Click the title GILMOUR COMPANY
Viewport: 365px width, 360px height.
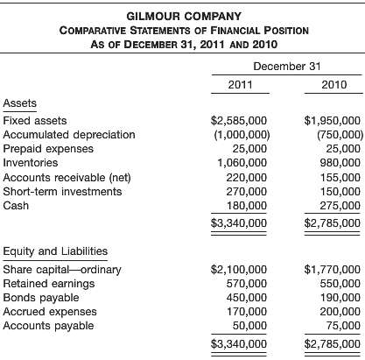(x=182, y=16)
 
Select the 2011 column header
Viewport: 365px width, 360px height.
(x=240, y=85)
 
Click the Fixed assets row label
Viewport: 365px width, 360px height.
(x=35, y=120)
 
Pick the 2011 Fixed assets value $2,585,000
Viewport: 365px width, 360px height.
(x=240, y=120)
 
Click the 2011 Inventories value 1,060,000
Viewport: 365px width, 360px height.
(x=244, y=162)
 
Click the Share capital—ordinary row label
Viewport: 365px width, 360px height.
(x=55, y=269)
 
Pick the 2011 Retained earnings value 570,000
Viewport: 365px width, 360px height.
(x=248, y=283)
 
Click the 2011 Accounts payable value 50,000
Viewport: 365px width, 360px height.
(x=251, y=325)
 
